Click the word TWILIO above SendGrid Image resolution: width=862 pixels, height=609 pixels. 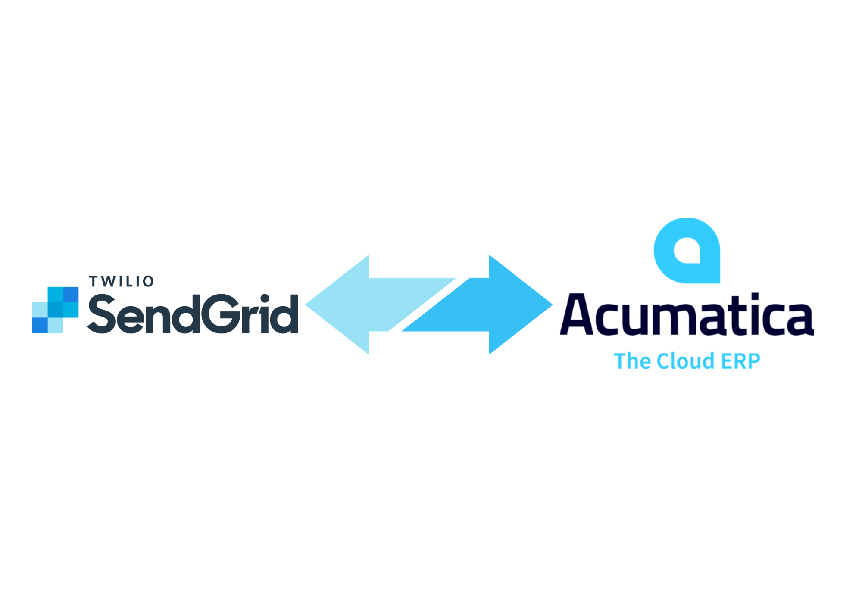coord(121,282)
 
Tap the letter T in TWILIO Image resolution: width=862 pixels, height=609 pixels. coord(94,282)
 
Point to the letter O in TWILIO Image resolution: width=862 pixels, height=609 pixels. coord(148,282)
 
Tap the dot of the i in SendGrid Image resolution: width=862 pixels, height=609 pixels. coord(265,298)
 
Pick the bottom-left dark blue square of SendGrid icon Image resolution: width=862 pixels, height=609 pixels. coord(40,325)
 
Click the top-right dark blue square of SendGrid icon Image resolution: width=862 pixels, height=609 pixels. coord(71,295)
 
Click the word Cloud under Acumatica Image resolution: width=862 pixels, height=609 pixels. coord(685,361)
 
